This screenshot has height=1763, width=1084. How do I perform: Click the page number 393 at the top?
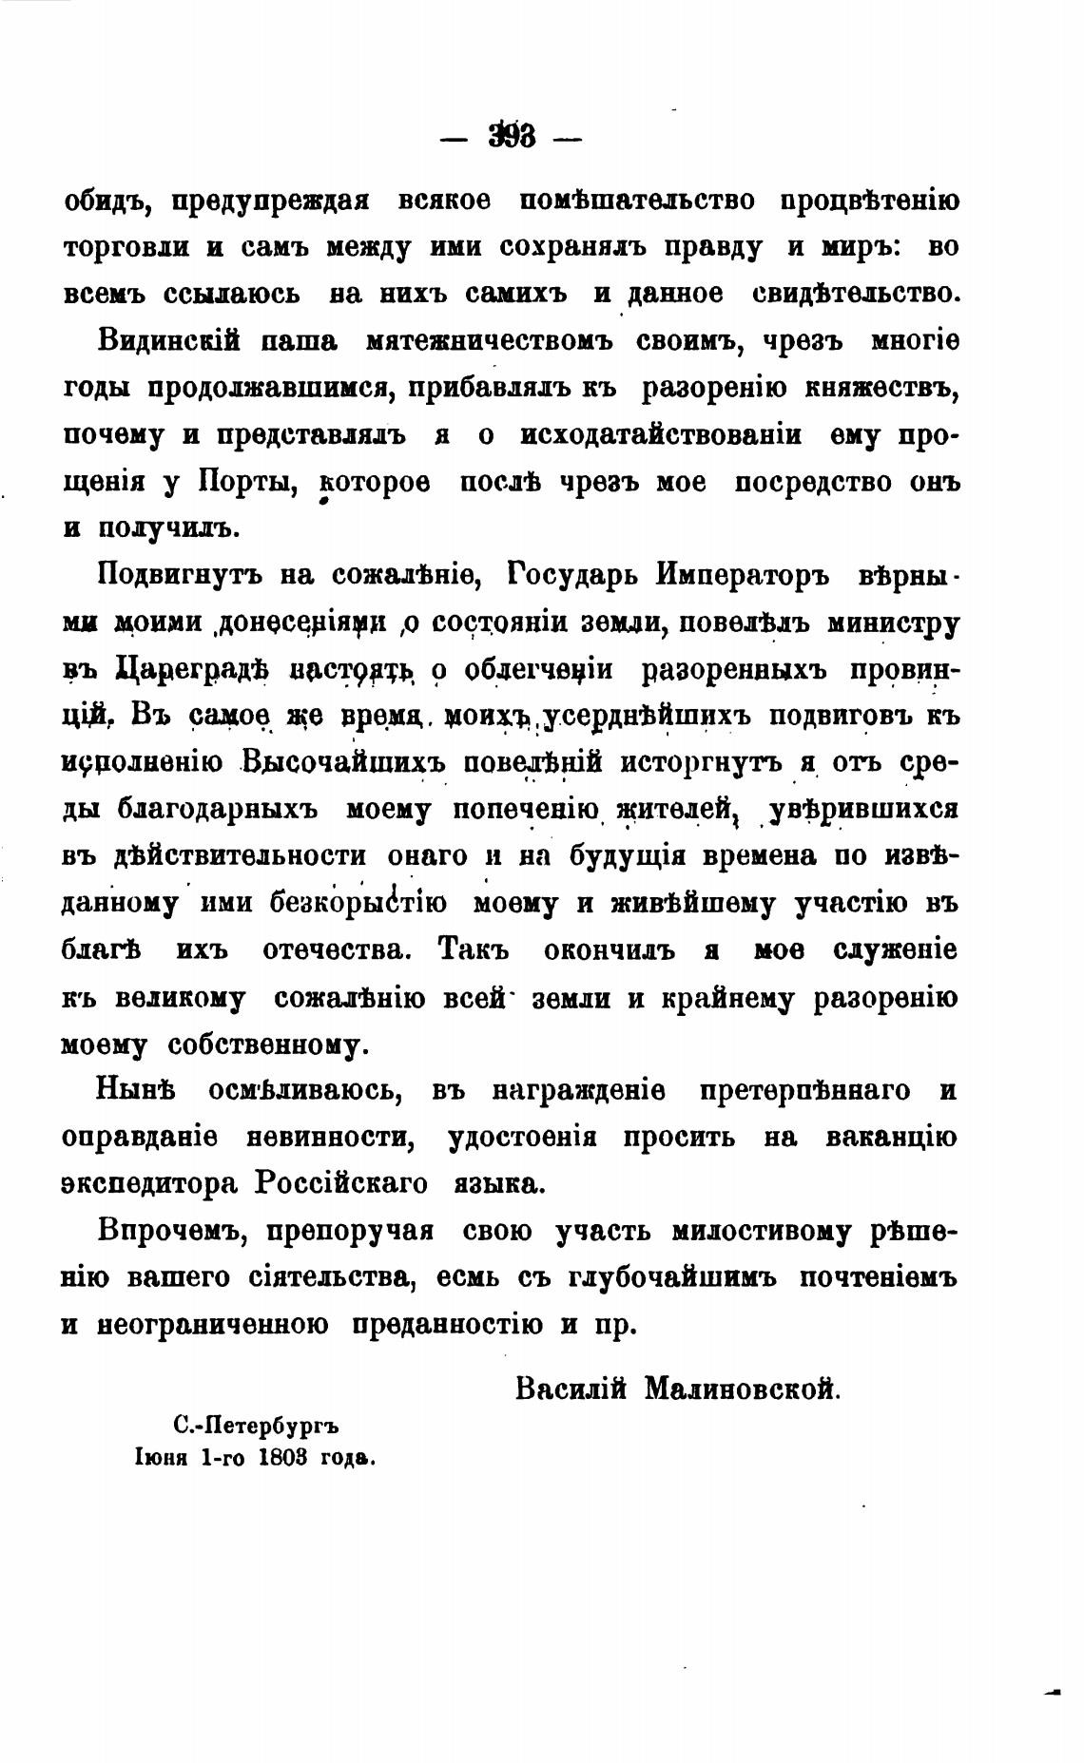point(512,138)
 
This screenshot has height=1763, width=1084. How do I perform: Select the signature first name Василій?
point(571,1389)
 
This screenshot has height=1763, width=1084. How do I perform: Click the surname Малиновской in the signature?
point(743,1389)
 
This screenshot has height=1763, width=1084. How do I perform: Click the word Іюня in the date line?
point(164,1458)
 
